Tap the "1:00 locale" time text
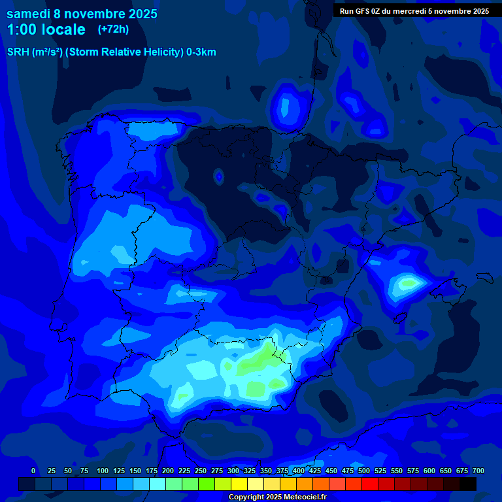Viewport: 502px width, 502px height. [46, 29]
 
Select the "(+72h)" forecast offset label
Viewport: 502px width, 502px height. [113, 29]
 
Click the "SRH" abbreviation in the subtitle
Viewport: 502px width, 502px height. [18, 52]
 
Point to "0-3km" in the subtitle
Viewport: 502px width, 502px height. [201, 52]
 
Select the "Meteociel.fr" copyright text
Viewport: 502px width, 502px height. [305, 497]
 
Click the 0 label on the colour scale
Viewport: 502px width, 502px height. [33, 471]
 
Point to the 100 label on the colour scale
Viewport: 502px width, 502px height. [102, 471]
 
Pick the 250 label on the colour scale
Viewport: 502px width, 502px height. [200, 471]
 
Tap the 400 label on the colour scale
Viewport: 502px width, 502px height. [298, 471]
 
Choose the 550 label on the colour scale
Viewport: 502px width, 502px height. [396, 471]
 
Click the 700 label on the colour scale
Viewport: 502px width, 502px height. [478, 471]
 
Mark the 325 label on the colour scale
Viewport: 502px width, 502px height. [249, 471]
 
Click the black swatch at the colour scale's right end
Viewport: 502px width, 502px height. [467, 484]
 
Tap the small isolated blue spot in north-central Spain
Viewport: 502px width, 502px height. [218, 175]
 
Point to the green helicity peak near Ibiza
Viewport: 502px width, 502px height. [409, 284]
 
